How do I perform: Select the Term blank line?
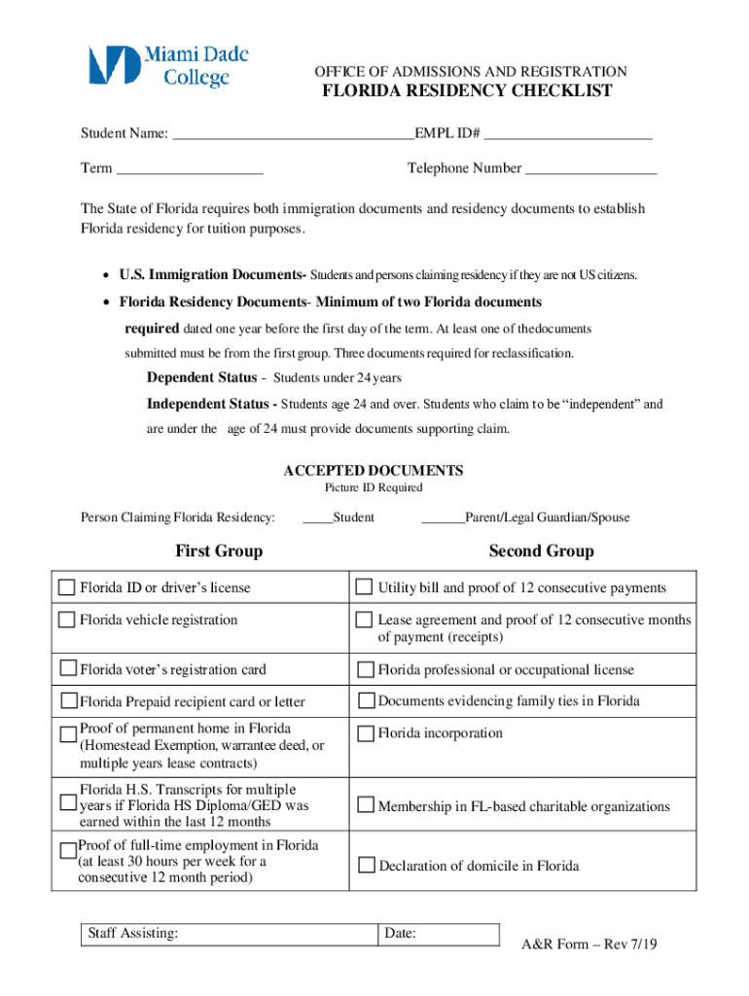point(189,169)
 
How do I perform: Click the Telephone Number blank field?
point(590,169)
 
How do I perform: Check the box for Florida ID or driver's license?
point(67,587)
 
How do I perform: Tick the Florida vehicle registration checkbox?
point(67,620)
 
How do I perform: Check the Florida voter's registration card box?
point(68,668)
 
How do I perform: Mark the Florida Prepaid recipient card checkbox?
point(69,700)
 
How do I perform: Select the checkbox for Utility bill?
point(364,587)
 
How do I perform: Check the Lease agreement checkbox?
point(364,620)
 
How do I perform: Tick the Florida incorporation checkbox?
point(366,732)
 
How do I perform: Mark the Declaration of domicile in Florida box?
point(367,865)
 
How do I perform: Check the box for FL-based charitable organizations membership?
point(366,805)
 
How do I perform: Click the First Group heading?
point(219,551)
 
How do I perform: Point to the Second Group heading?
point(541,551)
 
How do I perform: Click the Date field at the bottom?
point(438,935)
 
